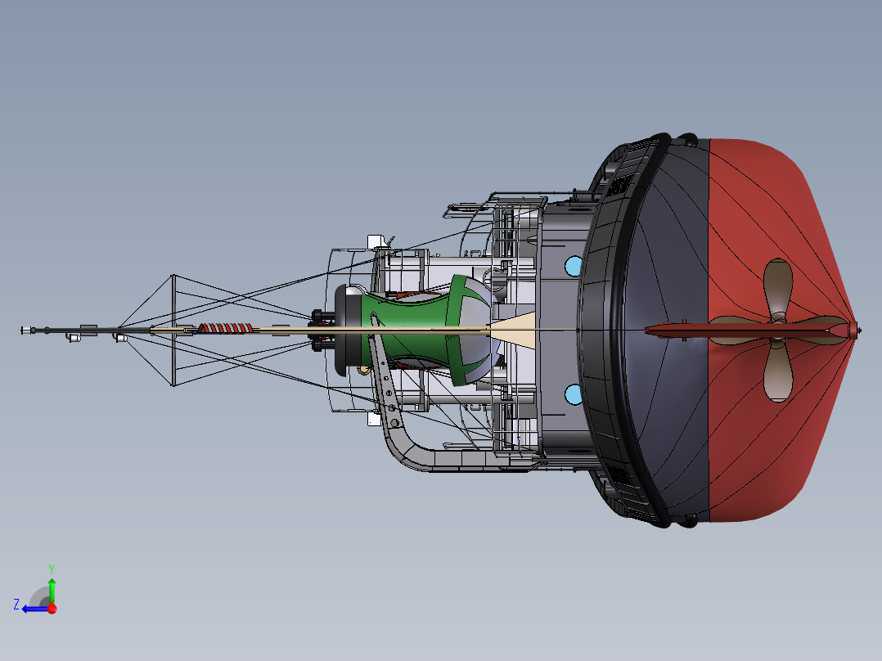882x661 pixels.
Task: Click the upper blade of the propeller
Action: [x=778, y=287]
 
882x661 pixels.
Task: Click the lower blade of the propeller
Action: [x=778, y=371]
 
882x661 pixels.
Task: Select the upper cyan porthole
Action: [x=574, y=266]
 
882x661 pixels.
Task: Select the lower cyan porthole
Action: [x=574, y=394]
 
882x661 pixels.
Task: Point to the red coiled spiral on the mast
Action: [x=224, y=329]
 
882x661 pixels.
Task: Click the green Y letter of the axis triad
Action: [x=52, y=569]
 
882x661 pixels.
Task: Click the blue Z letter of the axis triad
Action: [x=16, y=605]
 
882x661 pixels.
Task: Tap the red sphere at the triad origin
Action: [x=52, y=609]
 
